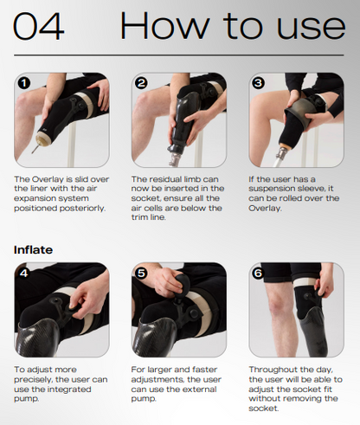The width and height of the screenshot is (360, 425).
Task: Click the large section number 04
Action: click(x=38, y=26)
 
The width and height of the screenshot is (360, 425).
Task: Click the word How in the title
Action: click(x=164, y=25)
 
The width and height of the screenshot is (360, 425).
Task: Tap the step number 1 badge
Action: click(x=24, y=83)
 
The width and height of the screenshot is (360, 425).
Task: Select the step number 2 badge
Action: click(x=141, y=83)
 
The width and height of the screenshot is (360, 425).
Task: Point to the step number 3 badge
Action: click(x=258, y=83)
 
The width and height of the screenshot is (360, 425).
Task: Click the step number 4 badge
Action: click(x=24, y=273)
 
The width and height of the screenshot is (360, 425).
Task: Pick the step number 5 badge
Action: click(x=141, y=273)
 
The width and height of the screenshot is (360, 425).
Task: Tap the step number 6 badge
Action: click(x=258, y=273)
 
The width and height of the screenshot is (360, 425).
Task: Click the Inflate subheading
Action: click(x=33, y=250)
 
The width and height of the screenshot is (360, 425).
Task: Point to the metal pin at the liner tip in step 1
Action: click(x=35, y=149)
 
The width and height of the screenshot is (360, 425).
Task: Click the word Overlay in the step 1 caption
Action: click(x=48, y=179)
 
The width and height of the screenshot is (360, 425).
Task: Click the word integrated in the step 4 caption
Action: click(x=69, y=390)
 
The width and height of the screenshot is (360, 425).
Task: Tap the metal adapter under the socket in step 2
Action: click(x=175, y=159)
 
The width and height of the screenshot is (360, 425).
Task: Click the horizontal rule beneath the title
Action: click(x=179, y=55)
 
